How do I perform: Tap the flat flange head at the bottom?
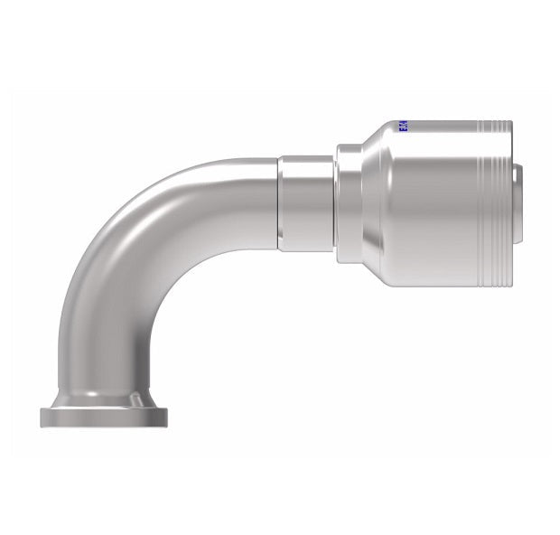104,417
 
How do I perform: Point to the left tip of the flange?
42,417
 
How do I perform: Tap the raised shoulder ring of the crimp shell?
350,203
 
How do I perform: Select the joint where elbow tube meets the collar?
278,202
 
